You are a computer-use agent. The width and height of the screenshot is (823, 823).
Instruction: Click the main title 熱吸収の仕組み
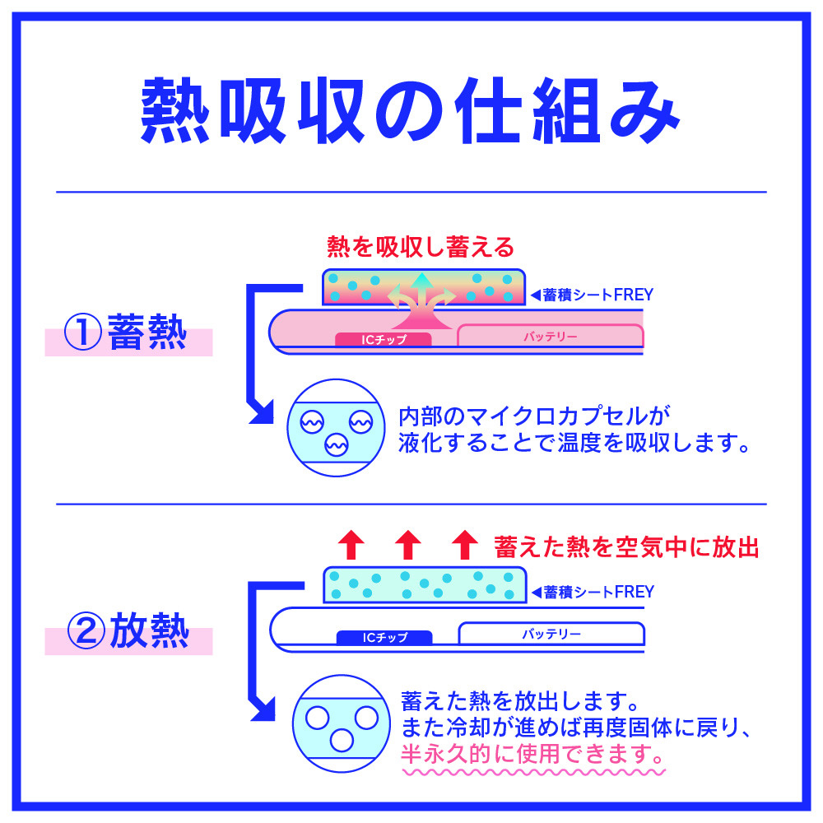pos(411,112)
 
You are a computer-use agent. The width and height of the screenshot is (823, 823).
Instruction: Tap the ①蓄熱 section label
pos(128,336)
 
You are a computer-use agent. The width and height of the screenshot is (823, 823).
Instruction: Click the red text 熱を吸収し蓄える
pos(421,245)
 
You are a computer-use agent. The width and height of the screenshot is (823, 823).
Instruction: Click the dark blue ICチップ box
pos(384,637)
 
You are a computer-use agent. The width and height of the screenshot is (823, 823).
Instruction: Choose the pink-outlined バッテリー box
pos(550,336)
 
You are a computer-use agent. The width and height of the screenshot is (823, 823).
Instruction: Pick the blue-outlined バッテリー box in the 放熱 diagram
pos(551,634)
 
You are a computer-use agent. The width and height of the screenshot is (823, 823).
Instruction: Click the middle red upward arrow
pos(407,545)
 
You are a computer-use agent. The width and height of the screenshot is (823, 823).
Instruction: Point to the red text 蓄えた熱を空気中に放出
pos(626,546)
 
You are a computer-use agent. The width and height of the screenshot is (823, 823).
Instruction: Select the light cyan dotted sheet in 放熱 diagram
pos(424,585)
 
